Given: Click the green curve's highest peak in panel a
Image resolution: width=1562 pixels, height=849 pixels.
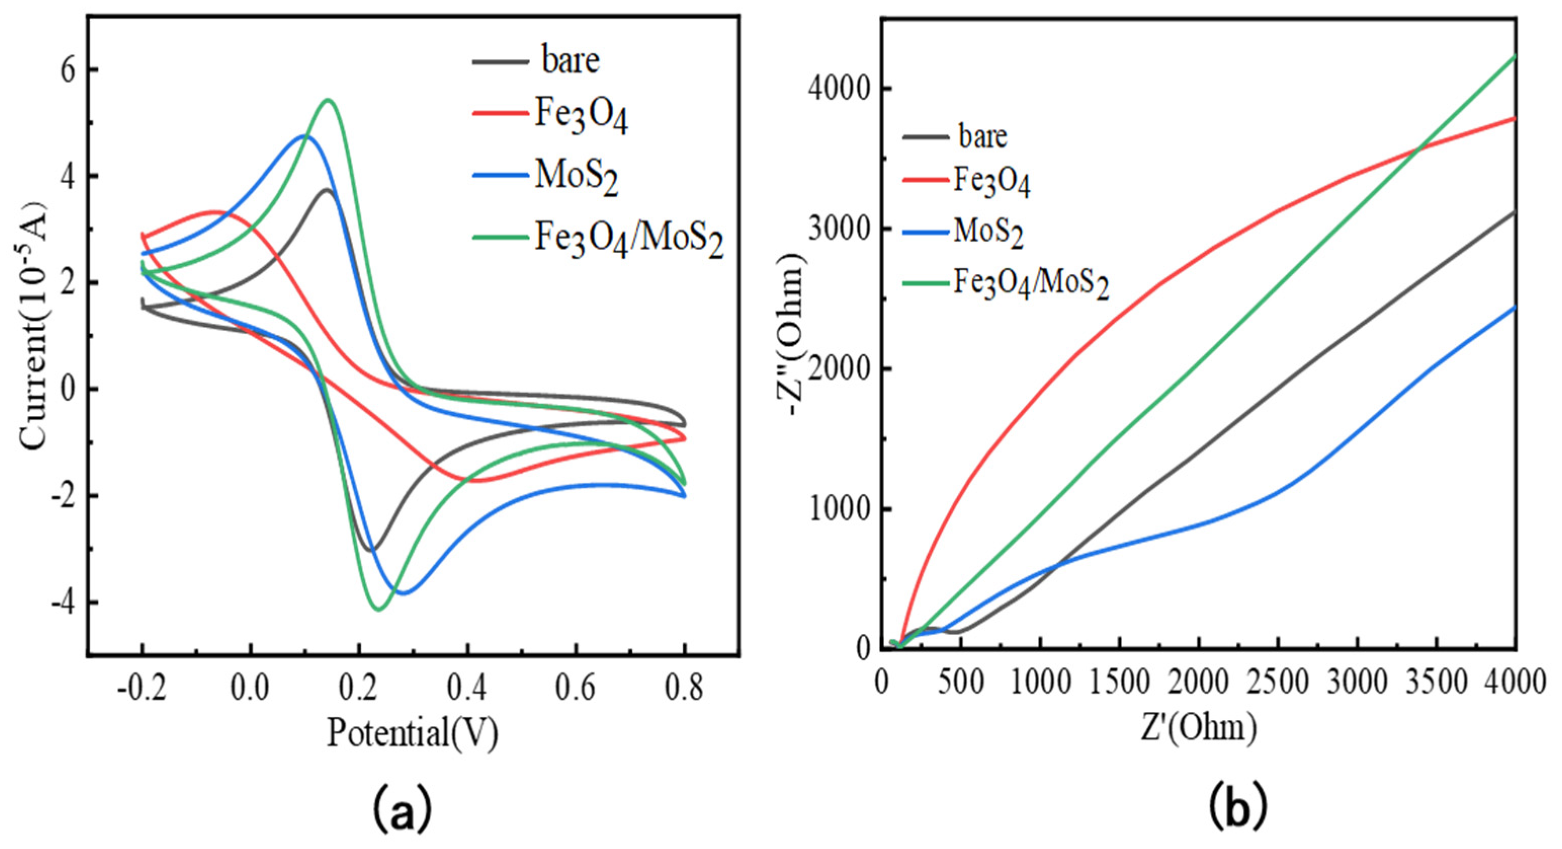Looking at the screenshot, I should pos(328,100).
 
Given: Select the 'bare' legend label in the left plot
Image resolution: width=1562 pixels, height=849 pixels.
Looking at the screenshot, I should pos(570,61).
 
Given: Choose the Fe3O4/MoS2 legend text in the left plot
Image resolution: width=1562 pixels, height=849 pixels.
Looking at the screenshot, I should pos(628,238).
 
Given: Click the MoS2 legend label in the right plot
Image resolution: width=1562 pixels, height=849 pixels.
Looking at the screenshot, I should pos(988,232).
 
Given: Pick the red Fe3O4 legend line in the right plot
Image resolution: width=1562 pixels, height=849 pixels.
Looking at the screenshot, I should pos(925,180).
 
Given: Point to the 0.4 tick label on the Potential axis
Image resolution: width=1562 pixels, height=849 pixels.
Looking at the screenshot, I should pos(467,689).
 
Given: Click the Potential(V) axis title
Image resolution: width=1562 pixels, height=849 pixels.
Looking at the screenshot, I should pos(412,733).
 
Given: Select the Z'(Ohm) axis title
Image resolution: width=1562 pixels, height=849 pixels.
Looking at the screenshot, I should pos(1199,727).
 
